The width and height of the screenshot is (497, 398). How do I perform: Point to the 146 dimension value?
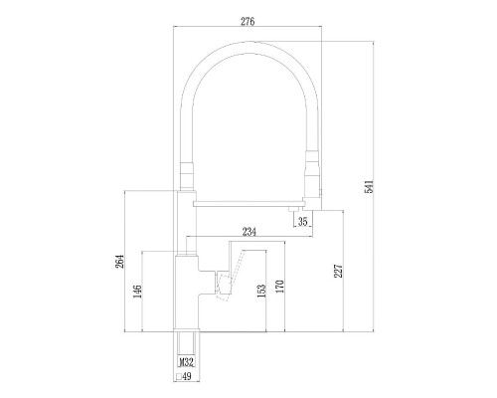pyautogui.click(x=137, y=291)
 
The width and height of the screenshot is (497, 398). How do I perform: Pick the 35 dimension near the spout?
pyautogui.click(x=304, y=222)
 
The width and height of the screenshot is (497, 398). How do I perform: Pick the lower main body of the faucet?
pyautogui.click(x=188, y=298)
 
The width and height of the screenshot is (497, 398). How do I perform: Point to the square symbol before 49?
pyautogui.click(x=181, y=377)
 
